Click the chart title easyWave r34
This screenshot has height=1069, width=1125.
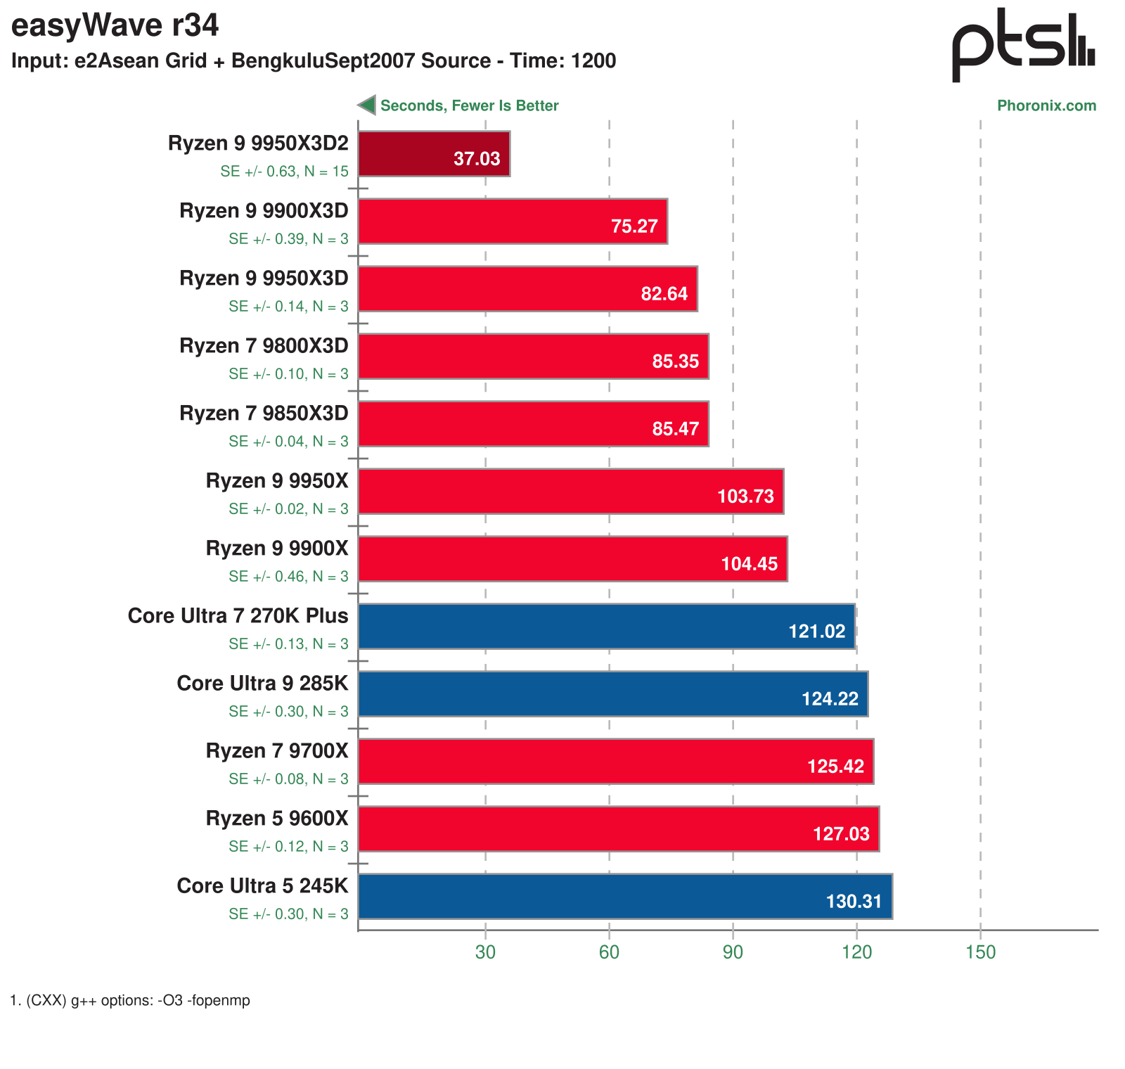[x=115, y=26]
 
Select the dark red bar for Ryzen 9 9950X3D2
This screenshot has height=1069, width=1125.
[x=434, y=153]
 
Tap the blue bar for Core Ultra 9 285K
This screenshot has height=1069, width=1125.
[x=612, y=693]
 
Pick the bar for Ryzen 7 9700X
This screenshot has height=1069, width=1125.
[x=615, y=761]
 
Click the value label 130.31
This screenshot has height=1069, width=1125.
[x=854, y=901]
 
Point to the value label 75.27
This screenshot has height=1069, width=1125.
[x=634, y=226]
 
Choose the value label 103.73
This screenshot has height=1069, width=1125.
[x=745, y=496]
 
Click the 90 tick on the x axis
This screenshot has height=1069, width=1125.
[x=733, y=952]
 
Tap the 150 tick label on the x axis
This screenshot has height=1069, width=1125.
[x=980, y=952]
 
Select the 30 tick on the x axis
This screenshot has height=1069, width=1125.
[x=485, y=952]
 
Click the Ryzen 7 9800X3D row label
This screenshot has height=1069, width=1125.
[x=264, y=346]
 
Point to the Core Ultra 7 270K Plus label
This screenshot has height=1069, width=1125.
[x=238, y=616]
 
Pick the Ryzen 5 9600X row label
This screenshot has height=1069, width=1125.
[x=277, y=819]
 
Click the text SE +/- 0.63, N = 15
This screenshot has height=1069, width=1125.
[x=284, y=172]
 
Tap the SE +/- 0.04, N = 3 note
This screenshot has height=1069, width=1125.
[x=288, y=442]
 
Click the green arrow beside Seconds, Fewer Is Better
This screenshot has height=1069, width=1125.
[x=367, y=105]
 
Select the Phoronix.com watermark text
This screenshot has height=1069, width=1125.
[x=1046, y=105]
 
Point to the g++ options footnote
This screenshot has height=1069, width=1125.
[x=131, y=1000]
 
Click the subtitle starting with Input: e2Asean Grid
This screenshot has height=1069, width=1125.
[x=314, y=61]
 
